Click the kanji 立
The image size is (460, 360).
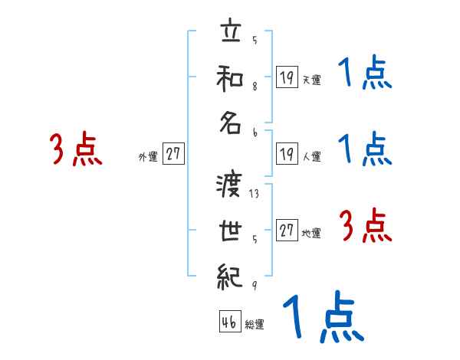point(230,35)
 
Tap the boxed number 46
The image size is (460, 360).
point(228,323)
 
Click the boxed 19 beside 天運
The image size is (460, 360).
point(287,77)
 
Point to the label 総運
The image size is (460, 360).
point(255,325)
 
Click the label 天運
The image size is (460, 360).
point(311,80)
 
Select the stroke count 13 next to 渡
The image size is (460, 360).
point(254,194)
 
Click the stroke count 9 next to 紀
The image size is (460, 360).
point(254,286)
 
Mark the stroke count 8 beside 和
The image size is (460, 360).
point(254,87)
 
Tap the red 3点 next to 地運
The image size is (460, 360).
point(366,226)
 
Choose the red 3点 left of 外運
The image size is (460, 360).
point(76,149)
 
